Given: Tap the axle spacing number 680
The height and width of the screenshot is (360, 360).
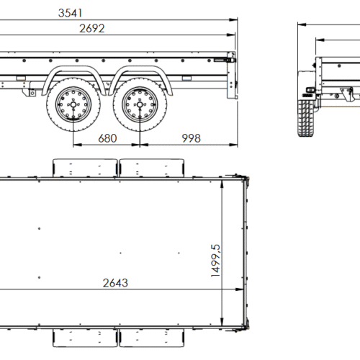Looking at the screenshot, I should [x=107, y=137].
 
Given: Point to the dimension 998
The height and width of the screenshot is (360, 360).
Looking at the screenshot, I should [x=191, y=137].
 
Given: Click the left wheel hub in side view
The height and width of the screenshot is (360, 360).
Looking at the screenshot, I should [x=73, y=107].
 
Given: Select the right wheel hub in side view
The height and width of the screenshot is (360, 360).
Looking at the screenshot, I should [x=138, y=107].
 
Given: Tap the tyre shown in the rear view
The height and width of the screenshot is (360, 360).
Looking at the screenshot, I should [x=305, y=118].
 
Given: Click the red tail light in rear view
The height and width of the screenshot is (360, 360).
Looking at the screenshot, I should [x=309, y=90].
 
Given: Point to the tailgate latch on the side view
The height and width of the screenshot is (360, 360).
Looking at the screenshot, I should [x=231, y=62].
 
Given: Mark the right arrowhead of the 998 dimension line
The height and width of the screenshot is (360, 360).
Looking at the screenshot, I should [x=235, y=144].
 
